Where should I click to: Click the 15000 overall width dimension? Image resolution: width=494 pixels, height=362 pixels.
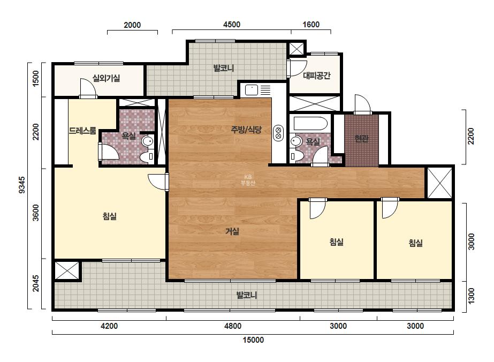point(253,340)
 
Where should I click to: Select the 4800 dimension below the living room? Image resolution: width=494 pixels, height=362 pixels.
point(233,326)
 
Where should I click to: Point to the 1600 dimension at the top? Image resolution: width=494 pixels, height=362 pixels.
point(311,25)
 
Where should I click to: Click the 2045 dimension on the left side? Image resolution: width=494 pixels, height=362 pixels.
point(36,283)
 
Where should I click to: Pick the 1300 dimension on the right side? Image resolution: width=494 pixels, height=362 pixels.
point(472,296)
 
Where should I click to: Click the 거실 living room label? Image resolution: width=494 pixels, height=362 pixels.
point(232,231)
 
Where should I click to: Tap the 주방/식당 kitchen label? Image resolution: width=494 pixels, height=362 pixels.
point(246,129)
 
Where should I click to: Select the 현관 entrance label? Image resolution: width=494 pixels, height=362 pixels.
point(361,139)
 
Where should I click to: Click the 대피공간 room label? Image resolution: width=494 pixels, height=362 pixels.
point(317,76)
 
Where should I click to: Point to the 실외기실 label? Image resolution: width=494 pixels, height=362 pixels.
point(106,78)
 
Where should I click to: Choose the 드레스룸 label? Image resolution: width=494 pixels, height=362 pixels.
point(82,131)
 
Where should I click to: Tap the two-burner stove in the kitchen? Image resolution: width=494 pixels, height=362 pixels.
point(278,133)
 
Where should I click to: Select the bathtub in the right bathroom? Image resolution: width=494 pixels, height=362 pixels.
point(310,123)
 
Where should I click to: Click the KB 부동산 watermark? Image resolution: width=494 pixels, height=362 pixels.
point(248,180)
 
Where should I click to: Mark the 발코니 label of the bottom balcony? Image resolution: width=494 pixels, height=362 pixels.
point(247,295)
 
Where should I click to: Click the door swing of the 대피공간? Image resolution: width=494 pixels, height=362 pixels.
point(297,68)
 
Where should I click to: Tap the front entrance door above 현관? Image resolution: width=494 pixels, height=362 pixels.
point(362,104)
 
